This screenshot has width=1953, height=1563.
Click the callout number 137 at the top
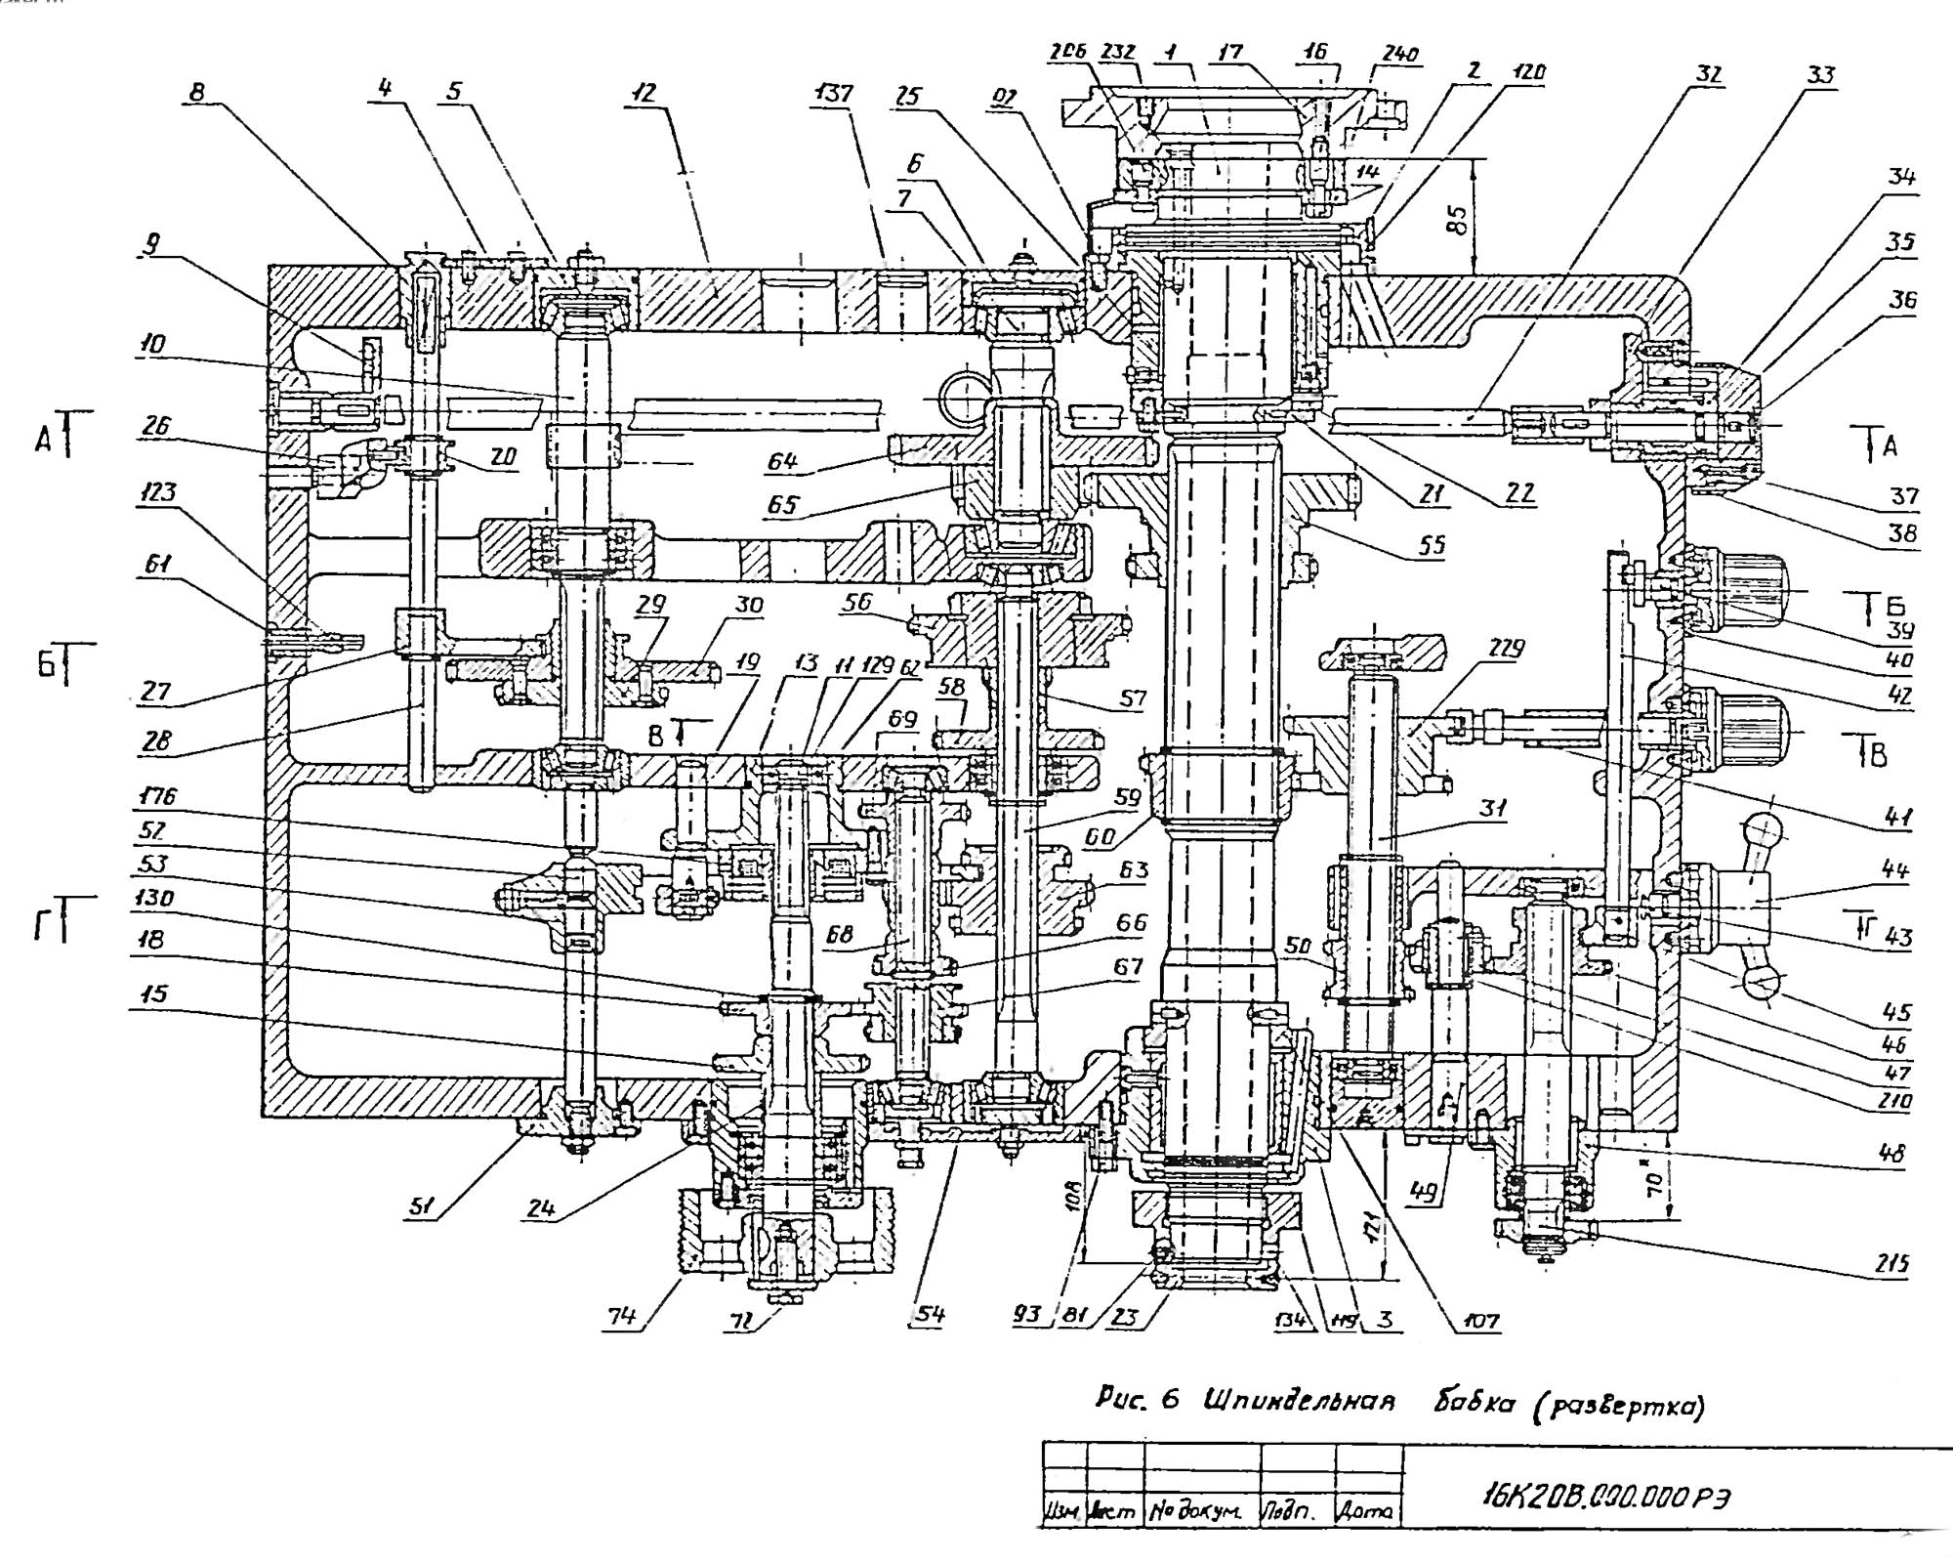pos(832,94)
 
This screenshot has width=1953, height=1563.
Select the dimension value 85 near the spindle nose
pos(1456,220)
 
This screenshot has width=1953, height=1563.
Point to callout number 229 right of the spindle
pos(1506,649)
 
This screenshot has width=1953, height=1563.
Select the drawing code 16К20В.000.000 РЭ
pos(1603,1497)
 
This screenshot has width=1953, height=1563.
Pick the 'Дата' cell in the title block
pos(1368,1511)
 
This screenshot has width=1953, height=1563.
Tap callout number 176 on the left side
pos(156,796)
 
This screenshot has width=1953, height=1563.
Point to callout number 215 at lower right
pos(1891,1264)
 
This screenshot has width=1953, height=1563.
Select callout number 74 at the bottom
pos(621,1316)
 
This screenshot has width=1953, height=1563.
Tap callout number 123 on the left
pos(158,491)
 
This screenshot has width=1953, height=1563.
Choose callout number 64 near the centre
pos(782,461)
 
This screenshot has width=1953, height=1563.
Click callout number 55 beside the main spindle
pos(1432,544)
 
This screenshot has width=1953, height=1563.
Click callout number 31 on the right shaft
pos(1492,808)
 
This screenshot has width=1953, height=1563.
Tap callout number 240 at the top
pos(1399,55)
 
